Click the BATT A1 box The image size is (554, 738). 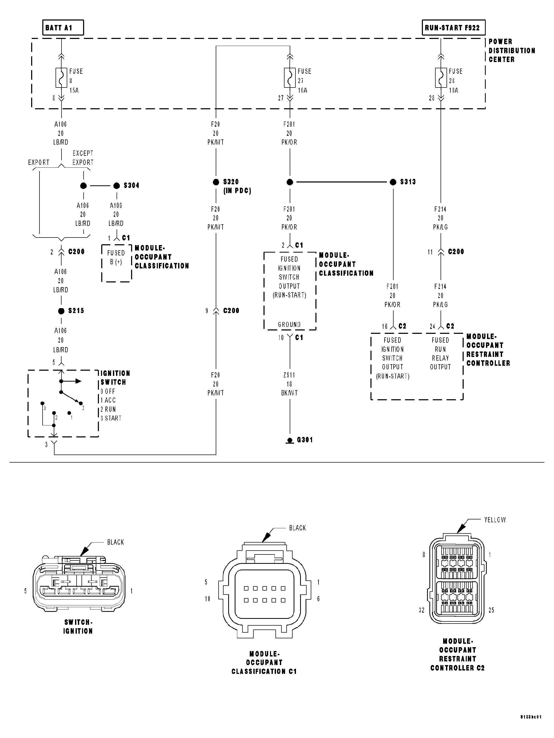point(63,28)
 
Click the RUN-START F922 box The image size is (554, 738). point(453,28)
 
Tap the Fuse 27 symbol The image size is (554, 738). point(290,78)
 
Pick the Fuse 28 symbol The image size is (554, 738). point(441,78)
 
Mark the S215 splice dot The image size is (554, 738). point(61,311)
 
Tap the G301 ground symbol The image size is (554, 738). point(290,441)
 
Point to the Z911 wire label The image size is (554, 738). point(289,375)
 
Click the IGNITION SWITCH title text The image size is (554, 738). point(115,378)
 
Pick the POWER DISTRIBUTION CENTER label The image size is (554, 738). point(511,51)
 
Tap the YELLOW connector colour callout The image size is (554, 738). point(495,520)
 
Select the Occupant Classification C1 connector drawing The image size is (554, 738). point(264,594)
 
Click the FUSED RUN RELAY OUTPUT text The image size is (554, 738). point(440,354)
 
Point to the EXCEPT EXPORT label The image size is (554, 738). point(83,158)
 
